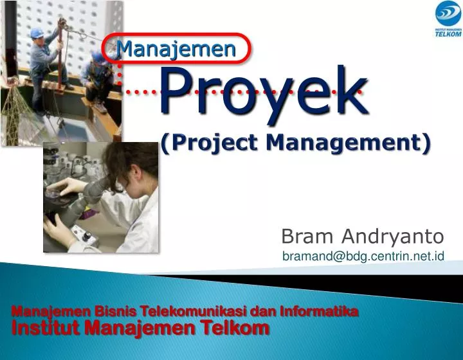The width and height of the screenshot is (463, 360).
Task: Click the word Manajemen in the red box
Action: click(x=176, y=48)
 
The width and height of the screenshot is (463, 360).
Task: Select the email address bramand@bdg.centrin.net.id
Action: click(x=363, y=256)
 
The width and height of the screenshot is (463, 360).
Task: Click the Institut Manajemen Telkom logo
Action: click(x=448, y=19)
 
